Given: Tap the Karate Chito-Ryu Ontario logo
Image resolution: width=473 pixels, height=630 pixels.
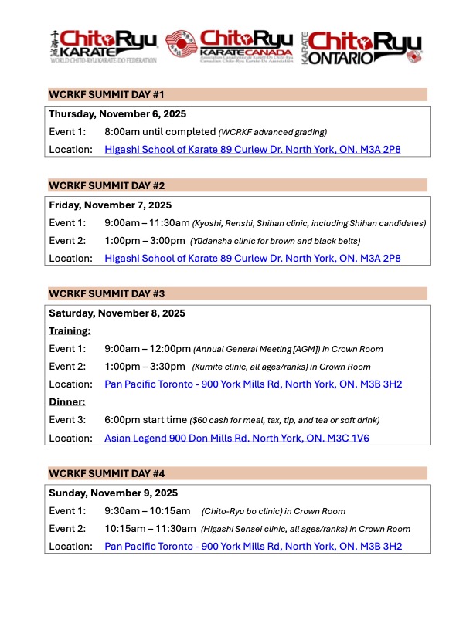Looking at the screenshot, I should click(x=362, y=48).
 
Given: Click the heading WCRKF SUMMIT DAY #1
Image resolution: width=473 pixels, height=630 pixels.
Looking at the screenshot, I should click(x=107, y=95).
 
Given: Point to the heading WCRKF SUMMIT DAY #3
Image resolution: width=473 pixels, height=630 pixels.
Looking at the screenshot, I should click(x=107, y=294).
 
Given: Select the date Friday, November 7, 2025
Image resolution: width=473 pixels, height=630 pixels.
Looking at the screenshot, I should click(x=111, y=205).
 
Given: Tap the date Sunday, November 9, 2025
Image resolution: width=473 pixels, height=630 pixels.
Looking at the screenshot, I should click(x=114, y=493).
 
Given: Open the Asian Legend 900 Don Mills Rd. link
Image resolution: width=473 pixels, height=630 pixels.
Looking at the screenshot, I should click(x=253, y=438).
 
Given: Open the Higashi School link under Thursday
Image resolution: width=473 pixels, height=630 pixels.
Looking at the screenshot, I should click(x=253, y=149).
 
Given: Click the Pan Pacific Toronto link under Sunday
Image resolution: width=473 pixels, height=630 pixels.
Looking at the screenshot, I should click(x=254, y=546).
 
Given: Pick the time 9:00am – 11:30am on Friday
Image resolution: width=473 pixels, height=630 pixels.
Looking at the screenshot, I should click(x=147, y=223).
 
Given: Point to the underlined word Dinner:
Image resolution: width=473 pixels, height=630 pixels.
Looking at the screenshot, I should click(x=66, y=402).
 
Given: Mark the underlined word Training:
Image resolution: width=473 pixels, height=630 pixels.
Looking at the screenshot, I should click(x=70, y=330).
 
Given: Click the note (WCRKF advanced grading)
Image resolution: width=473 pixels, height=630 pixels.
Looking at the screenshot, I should click(x=273, y=132).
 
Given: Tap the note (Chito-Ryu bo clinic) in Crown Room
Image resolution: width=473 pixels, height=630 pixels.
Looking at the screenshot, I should click(x=274, y=511).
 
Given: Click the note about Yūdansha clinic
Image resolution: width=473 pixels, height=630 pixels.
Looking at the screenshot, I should click(x=275, y=241).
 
